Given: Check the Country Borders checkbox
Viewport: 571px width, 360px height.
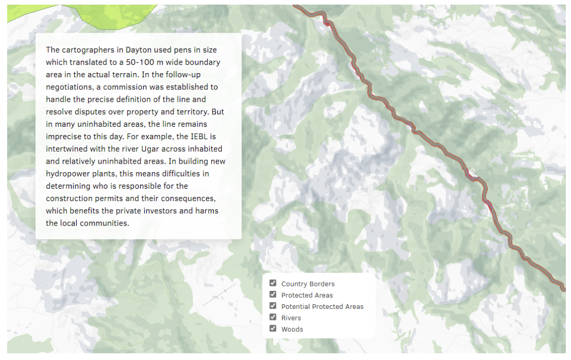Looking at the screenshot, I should [273, 283].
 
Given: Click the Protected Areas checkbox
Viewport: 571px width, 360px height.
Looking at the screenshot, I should [273, 295].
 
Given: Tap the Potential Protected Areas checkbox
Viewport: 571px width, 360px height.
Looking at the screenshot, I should [273, 306].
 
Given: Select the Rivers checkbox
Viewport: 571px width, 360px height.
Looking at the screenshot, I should [273, 317].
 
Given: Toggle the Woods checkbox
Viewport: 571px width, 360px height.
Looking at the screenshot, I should [273, 328].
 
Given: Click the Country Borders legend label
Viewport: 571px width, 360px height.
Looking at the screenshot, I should [308, 284].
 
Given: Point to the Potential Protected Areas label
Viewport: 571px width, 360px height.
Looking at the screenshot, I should [322, 307].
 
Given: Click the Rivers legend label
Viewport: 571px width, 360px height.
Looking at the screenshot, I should [291, 318].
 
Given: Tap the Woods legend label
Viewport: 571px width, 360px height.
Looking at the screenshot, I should [292, 329].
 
